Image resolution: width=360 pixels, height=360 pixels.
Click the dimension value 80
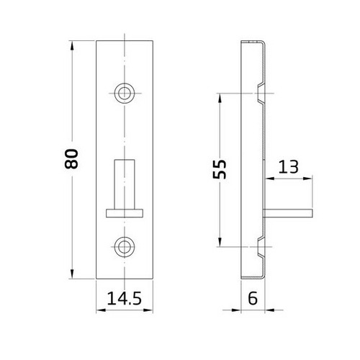point(71,161)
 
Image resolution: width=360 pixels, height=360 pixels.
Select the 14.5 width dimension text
point(125,297)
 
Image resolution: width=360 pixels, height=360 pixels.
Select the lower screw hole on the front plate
point(125,245)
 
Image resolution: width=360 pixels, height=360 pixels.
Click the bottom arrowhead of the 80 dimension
point(72,276)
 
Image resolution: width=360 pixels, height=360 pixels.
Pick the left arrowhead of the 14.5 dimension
point(99,310)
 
